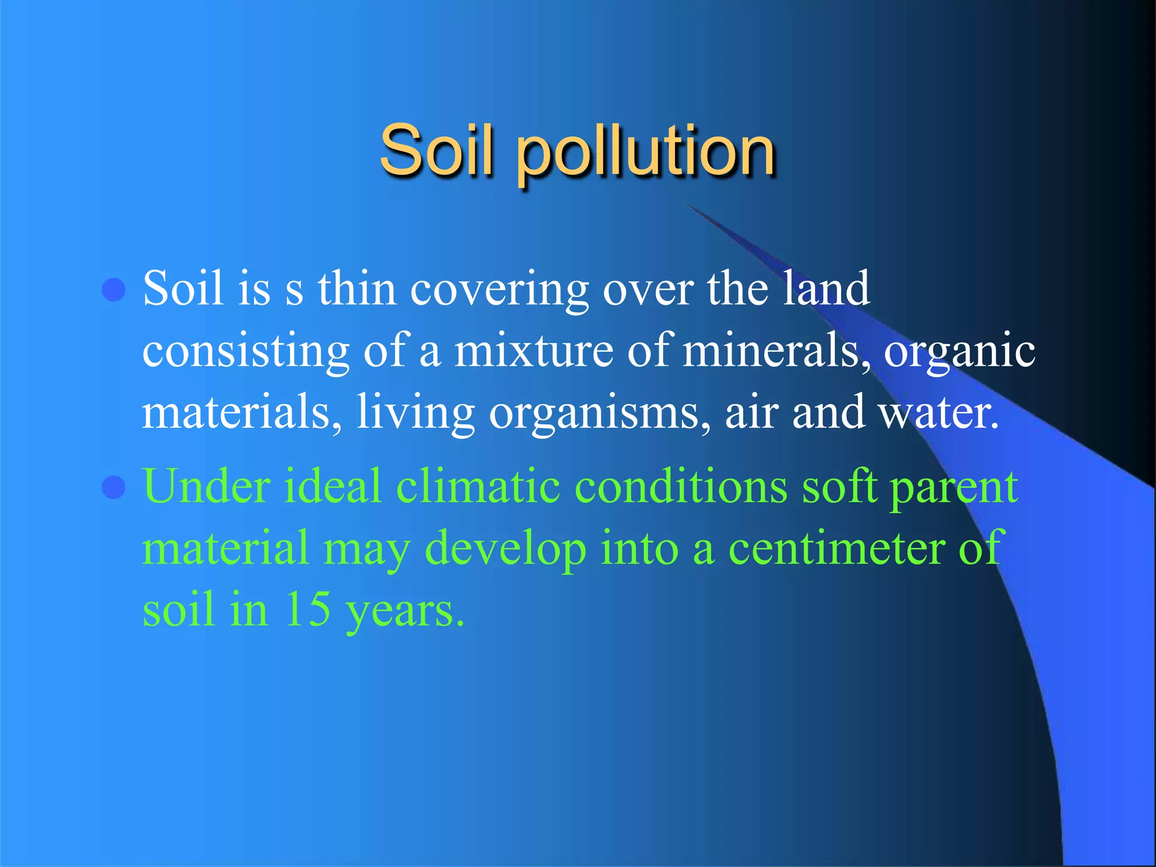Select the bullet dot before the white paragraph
113,290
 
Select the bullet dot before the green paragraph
113,487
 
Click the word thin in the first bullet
357,288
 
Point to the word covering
499,290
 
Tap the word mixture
534,351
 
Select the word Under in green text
206,486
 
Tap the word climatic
478,486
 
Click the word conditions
681,486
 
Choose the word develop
505,549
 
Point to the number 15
308,609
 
